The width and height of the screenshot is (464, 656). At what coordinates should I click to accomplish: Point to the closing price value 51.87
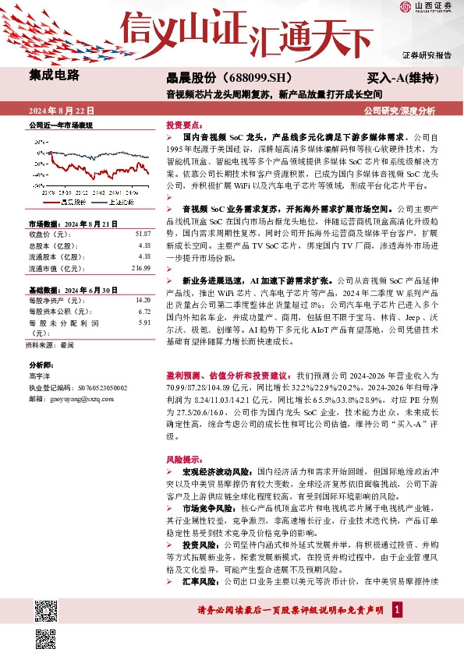tap(143, 234)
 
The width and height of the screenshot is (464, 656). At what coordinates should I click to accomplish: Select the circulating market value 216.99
tap(140, 268)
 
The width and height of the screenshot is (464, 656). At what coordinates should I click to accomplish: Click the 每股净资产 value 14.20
tap(143, 300)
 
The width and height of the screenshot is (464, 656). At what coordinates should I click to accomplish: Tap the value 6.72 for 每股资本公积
tap(144, 311)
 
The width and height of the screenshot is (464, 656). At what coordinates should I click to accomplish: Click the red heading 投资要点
tap(185, 125)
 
